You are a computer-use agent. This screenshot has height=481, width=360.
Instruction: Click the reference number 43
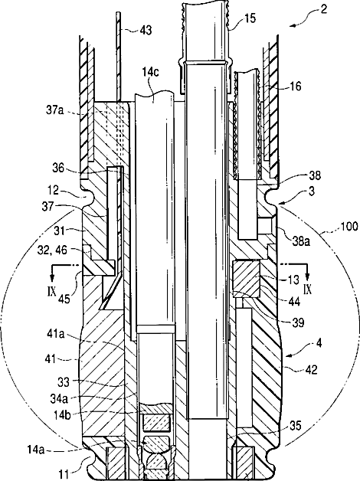point(146,30)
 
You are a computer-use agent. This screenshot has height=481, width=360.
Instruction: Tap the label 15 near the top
point(250,18)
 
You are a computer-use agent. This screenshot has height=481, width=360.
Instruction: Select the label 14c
point(150,73)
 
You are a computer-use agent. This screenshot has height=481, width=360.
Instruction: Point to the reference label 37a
point(55,110)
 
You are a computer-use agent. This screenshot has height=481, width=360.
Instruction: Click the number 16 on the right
point(295,86)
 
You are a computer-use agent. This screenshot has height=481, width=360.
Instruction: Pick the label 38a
point(301,241)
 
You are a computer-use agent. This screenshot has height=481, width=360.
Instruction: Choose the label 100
point(349,226)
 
